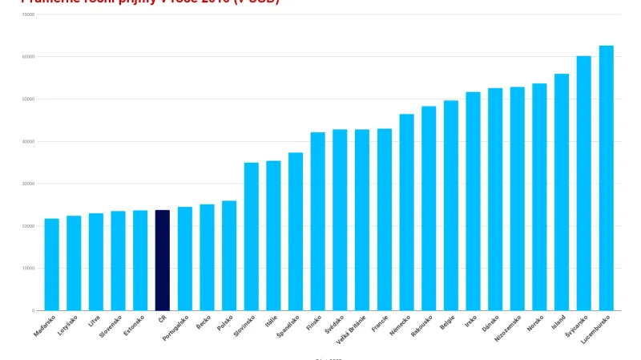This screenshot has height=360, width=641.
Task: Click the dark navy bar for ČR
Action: (x=162, y=260)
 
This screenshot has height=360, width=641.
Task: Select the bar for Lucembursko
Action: (x=606, y=178)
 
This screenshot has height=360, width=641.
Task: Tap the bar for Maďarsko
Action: (x=51, y=265)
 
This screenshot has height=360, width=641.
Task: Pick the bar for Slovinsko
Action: (x=251, y=237)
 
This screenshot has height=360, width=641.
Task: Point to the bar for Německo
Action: (x=406, y=212)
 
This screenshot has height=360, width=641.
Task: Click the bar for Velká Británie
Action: (x=362, y=220)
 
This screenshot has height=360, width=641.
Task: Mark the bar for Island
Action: (x=562, y=192)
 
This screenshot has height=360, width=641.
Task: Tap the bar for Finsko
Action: (x=317, y=221)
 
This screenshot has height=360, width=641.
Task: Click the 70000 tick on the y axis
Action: (x=28, y=14)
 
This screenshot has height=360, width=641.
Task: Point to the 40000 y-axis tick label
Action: (x=28, y=141)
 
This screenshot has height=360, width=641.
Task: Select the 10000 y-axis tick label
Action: (x=28, y=268)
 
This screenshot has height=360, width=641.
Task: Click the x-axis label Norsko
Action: (x=536, y=325)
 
